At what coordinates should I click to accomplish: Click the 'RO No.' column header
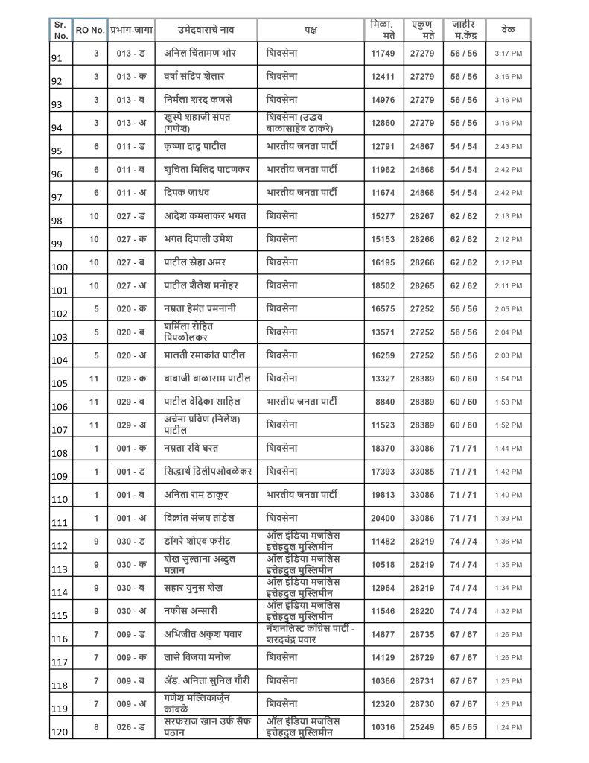(90, 30)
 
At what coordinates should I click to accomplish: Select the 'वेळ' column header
(509, 30)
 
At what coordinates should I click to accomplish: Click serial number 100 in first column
(60, 267)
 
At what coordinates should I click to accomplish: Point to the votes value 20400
(385, 518)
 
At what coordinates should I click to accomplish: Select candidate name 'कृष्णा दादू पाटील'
(195, 146)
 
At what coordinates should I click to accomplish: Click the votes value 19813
(385, 495)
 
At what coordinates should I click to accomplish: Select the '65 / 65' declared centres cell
(463, 727)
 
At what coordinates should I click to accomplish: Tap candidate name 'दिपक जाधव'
(185, 193)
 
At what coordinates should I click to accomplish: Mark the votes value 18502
(385, 285)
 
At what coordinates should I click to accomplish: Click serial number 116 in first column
(60, 639)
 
